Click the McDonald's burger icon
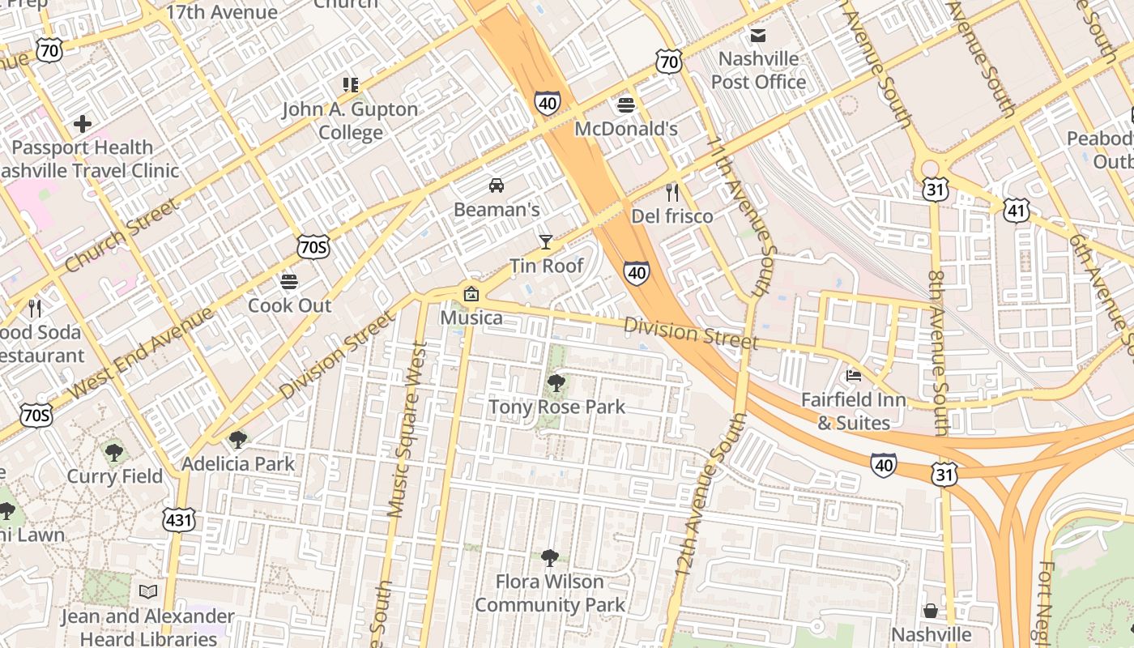pos(625,104)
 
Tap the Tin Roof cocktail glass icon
pos(545,241)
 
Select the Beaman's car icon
pos(496,185)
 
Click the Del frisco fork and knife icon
pos(671,192)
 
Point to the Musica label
pos(471,318)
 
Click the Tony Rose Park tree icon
pos(556,382)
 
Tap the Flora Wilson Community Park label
pos(550,593)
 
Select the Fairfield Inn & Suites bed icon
pos(853,376)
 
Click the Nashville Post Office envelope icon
pos(758,35)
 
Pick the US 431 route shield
pos(179,519)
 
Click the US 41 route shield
pos(1017,211)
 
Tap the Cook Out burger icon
pos(289,282)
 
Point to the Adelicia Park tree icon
pos(237,440)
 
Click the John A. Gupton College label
pos(350,121)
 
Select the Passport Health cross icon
pos(82,124)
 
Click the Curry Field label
pos(114,475)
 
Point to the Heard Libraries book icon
pos(147,592)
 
